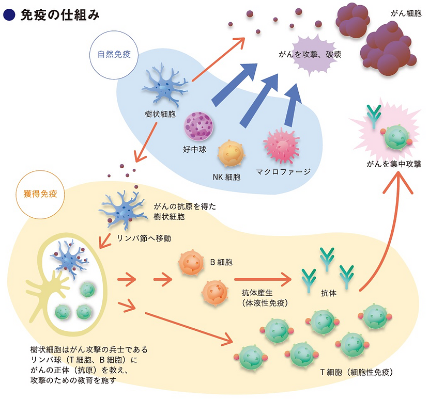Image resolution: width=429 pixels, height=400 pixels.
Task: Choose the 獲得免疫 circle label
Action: click(40, 195)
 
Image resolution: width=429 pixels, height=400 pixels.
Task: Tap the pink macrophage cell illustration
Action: click(282, 146)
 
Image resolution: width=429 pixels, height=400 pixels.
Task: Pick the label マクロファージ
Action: click(283, 171)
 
